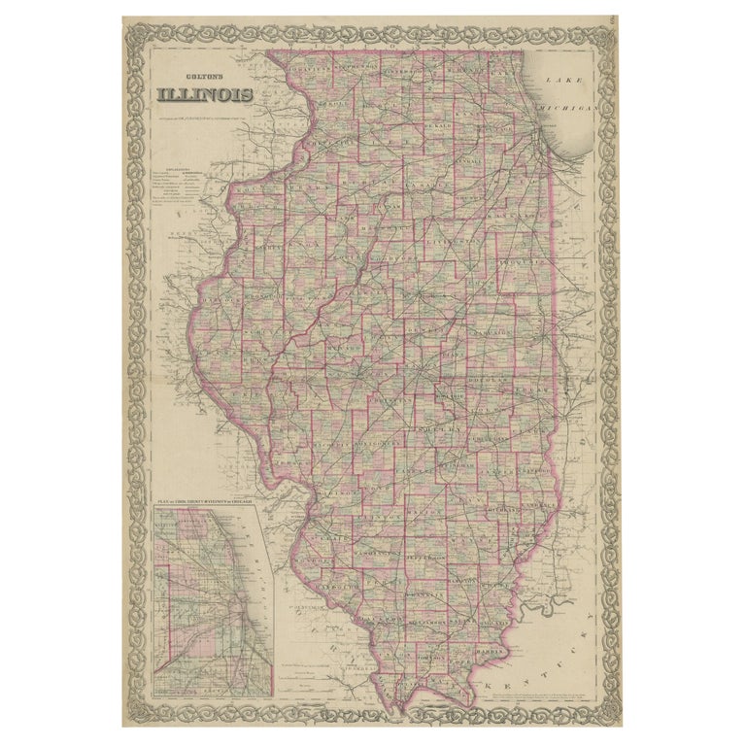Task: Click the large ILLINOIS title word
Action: click(205, 95)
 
